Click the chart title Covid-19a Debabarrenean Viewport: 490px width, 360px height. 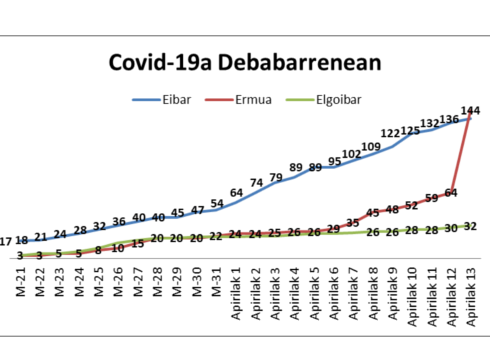coord(244,62)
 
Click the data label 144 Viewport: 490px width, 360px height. coord(471,110)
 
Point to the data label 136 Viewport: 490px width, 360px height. coord(450,120)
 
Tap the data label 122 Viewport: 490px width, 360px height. coord(391,133)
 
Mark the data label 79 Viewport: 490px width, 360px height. coord(276,177)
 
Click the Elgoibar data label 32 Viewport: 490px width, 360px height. coord(471,226)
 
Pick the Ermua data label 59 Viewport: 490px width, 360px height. coord(431,198)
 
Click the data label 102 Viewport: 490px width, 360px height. coord(351,155)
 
